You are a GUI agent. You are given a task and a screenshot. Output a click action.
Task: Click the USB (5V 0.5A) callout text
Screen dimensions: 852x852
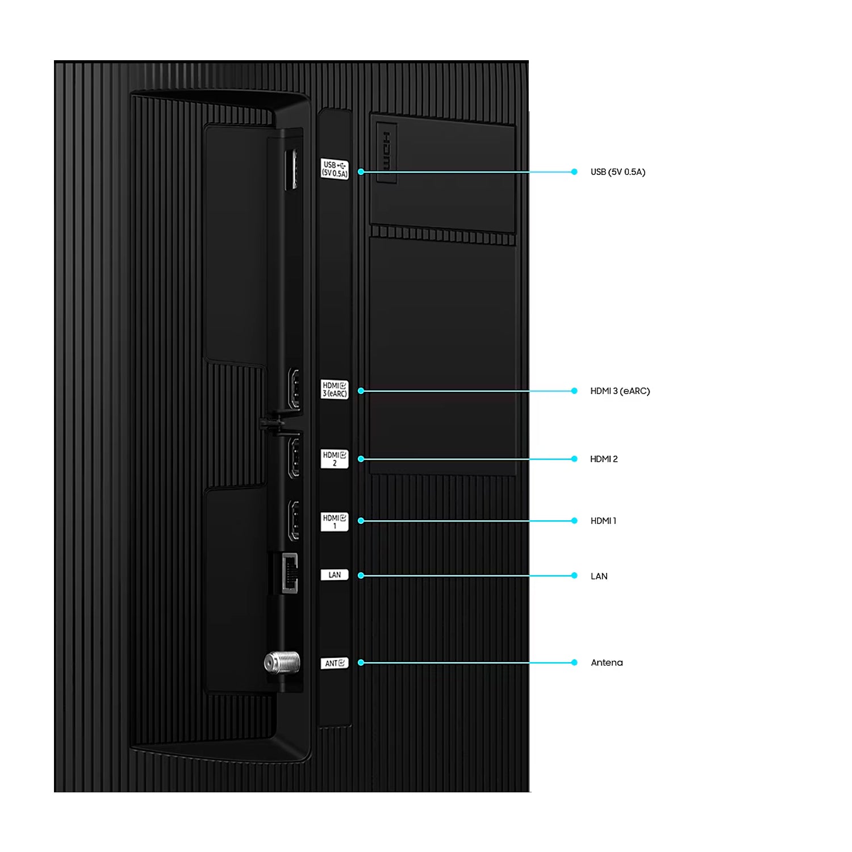tap(617, 172)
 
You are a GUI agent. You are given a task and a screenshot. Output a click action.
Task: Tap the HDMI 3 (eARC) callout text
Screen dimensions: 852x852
tap(620, 391)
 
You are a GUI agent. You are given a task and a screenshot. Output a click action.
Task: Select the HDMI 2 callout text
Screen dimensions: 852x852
tap(603, 459)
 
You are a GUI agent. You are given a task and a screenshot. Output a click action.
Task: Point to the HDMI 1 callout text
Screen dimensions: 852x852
tap(603, 521)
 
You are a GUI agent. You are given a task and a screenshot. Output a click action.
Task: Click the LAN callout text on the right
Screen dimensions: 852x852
tap(599, 576)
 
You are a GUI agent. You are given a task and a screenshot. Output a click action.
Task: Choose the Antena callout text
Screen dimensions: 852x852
tap(606, 662)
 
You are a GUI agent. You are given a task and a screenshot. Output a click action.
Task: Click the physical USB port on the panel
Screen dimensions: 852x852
tap(291, 169)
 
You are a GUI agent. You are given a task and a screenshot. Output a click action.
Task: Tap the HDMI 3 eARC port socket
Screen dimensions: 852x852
tap(294, 389)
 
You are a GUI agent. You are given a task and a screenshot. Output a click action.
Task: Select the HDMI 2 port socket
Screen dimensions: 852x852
tap(294, 457)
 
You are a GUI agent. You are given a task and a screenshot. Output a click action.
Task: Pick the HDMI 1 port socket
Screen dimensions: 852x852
tap(294, 520)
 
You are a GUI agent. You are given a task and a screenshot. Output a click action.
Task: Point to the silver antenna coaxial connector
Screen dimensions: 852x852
tap(282, 662)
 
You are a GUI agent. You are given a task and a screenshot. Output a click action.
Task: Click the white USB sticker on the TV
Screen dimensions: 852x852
tap(335, 169)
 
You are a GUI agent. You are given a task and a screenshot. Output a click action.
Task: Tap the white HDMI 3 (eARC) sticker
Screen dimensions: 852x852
tap(335, 390)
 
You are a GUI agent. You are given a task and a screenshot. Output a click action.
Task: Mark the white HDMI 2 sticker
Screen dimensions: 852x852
tap(335, 459)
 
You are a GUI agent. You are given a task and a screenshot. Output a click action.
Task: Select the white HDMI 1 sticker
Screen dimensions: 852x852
tap(335, 521)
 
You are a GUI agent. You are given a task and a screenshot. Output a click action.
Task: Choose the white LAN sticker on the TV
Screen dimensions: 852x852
tap(335, 575)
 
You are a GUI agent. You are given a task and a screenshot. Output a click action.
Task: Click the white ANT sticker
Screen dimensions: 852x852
tap(335, 663)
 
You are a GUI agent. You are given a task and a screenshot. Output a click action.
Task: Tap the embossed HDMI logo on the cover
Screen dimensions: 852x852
tap(386, 152)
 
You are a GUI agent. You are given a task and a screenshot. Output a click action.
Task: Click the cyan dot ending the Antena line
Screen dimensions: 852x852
tap(574, 662)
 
